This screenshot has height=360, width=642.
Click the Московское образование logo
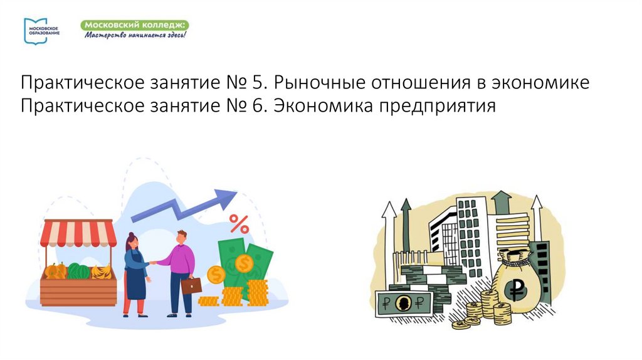(x=41, y=29)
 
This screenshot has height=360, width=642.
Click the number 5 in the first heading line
(x=259, y=83)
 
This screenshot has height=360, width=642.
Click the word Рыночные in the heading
(x=319, y=83)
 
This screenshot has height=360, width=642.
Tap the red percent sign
(x=238, y=223)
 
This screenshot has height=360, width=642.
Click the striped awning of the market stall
(x=78, y=234)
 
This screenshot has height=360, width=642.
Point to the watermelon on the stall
(x=79, y=272)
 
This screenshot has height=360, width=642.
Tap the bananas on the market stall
(x=102, y=272)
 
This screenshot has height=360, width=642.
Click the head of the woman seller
(x=132, y=240)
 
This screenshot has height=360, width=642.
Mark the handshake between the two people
(x=153, y=263)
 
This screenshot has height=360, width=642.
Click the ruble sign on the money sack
(x=517, y=289)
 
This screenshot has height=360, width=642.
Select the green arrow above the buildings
(x=502, y=203)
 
